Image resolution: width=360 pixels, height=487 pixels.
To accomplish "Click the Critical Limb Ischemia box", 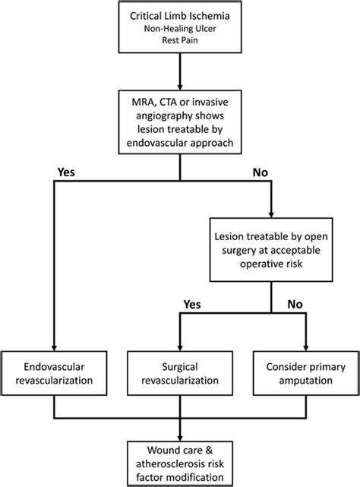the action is click(x=180, y=27).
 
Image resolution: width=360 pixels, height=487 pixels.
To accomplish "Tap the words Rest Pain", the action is click(x=180, y=40).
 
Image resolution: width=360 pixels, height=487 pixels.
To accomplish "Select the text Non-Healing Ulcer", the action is click(x=180, y=29).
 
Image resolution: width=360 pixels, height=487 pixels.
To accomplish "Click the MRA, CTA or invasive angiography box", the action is click(x=180, y=122).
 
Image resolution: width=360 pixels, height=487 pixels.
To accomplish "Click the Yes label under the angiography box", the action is click(x=66, y=172).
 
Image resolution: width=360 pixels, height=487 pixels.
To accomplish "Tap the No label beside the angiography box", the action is click(x=261, y=172).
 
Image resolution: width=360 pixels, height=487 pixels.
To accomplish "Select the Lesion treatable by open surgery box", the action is click(x=271, y=250).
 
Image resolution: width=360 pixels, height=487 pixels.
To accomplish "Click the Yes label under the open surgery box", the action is click(x=192, y=305).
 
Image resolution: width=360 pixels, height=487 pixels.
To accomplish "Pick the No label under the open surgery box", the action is click(x=295, y=305).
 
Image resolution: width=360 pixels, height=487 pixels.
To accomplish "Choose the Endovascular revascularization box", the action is click(x=54, y=373).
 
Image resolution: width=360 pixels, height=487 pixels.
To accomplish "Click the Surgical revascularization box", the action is click(x=180, y=373).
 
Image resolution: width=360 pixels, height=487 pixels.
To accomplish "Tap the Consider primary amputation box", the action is click(x=305, y=373).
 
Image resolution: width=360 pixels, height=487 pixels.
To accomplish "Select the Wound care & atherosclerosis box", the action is click(x=180, y=463).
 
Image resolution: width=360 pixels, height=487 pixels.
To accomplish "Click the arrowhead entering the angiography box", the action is click(x=180, y=87).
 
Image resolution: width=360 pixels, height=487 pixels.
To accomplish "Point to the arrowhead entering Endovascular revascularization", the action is click(x=54, y=348).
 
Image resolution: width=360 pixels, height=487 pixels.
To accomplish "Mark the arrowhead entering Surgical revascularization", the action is click(x=180, y=348).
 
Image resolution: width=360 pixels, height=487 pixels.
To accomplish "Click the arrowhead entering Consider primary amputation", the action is click(x=306, y=348).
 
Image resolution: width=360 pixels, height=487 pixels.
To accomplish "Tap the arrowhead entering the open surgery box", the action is click(x=271, y=214).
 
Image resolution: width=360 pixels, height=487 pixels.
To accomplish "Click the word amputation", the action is click(x=305, y=381).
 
